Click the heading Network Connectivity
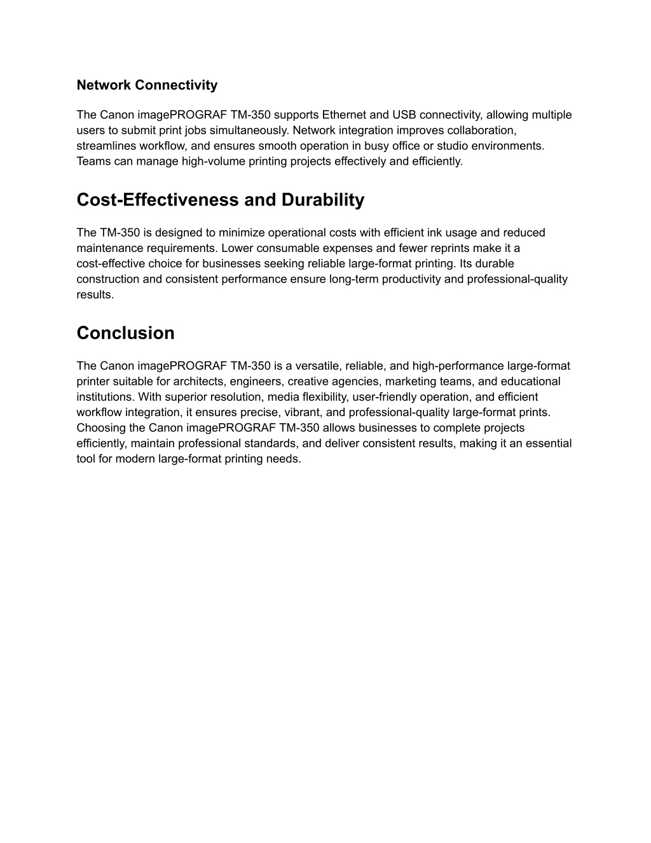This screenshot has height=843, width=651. point(147,85)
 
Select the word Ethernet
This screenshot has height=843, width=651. point(344,115)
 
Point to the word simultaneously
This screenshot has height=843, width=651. point(250,130)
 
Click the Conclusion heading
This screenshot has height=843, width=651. point(125,333)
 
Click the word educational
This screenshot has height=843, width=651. point(530,381)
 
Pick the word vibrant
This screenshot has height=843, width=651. point(300,412)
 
